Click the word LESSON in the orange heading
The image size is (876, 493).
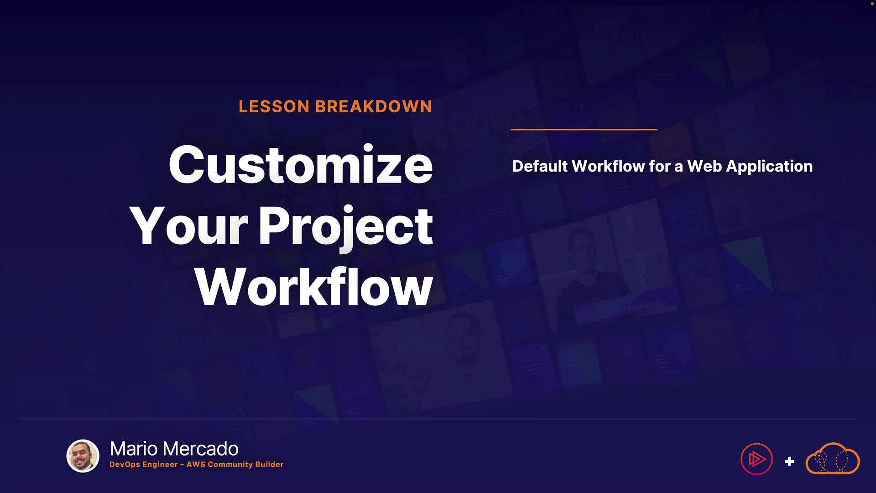pyautogui.click(x=274, y=107)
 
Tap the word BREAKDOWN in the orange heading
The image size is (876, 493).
pyautogui.click(x=374, y=107)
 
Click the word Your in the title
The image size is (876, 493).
pyautogui.click(x=188, y=226)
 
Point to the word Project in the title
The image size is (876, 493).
pyautogui.click(x=346, y=228)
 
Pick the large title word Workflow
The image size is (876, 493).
pyautogui.click(x=314, y=287)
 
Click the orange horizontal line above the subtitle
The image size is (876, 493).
pyautogui.click(x=584, y=130)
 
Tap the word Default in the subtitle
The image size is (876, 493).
pyautogui.click(x=540, y=166)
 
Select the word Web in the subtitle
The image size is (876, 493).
pyautogui.click(x=705, y=166)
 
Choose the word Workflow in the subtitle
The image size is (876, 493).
pyautogui.click(x=608, y=166)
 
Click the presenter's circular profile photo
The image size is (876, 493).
pyautogui.click(x=83, y=456)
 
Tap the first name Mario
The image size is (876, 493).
pyautogui.click(x=133, y=449)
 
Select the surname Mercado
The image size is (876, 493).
pyautogui.click(x=200, y=449)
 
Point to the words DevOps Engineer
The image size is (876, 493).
pyautogui.click(x=144, y=465)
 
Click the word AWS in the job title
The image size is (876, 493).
pyautogui.click(x=196, y=464)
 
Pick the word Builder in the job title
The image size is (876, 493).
pyautogui.click(x=269, y=464)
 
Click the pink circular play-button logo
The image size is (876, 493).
pyautogui.click(x=756, y=459)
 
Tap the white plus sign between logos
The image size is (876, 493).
pyautogui.click(x=789, y=462)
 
